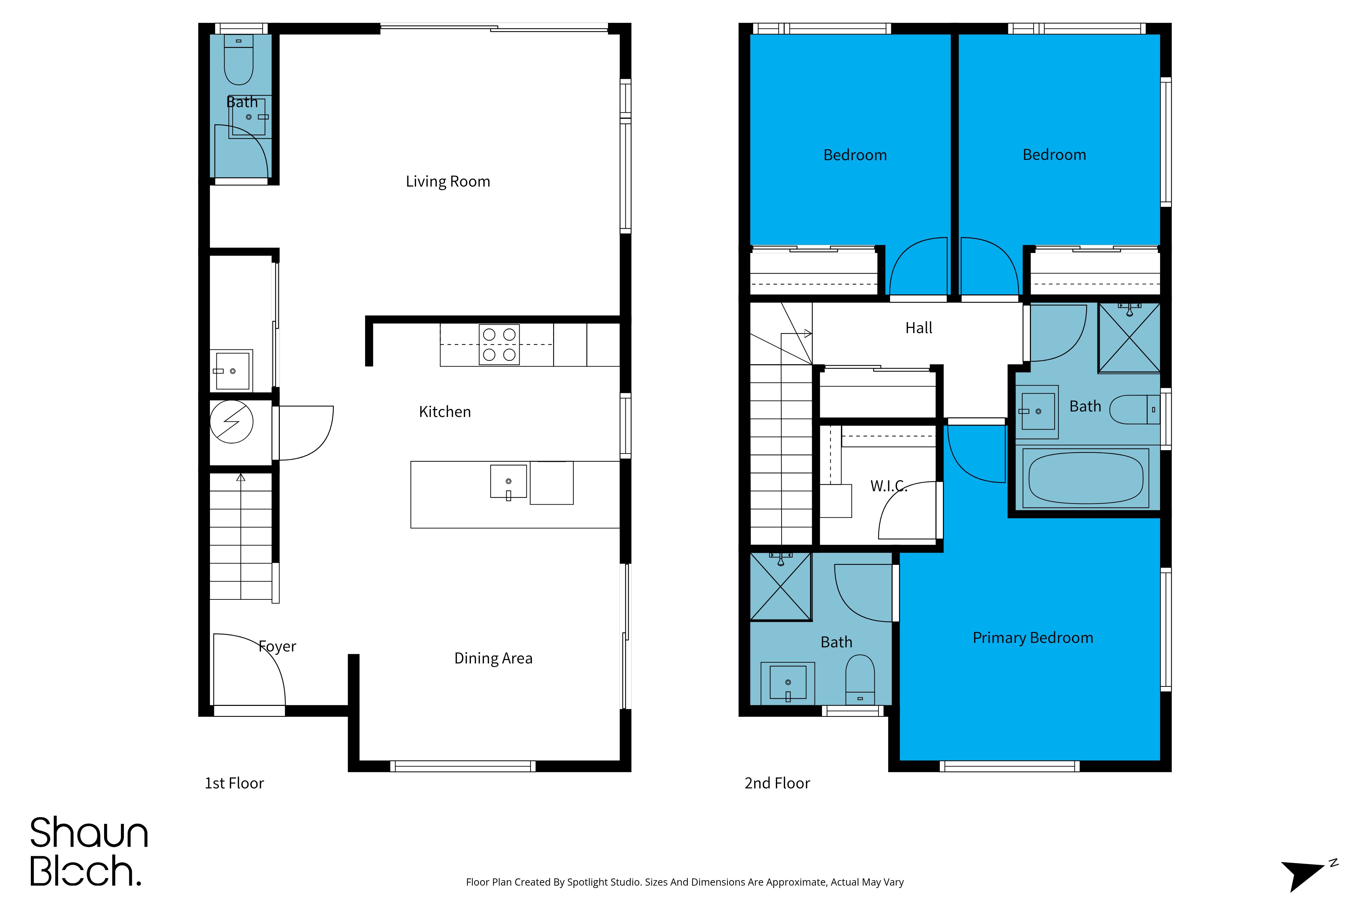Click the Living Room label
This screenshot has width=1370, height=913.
pyautogui.click(x=448, y=182)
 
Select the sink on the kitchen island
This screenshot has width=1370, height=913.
pyautogui.click(x=509, y=482)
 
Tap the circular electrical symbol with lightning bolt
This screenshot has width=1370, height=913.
pyautogui.click(x=231, y=421)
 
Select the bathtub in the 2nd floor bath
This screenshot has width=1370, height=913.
pyautogui.click(x=1086, y=478)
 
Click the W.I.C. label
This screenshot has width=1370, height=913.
pyautogui.click(x=889, y=486)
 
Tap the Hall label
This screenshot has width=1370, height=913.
pyautogui.click(x=919, y=328)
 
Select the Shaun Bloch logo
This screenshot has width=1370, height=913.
pyautogui.click(x=89, y=851)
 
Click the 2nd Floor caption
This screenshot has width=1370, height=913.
pyautogui.click(x=777, y=783)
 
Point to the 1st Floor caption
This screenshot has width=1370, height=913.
pyautogui.click(x=234, y=783)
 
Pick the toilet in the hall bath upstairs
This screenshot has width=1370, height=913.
pyautogui.click(x=1135, y=410)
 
